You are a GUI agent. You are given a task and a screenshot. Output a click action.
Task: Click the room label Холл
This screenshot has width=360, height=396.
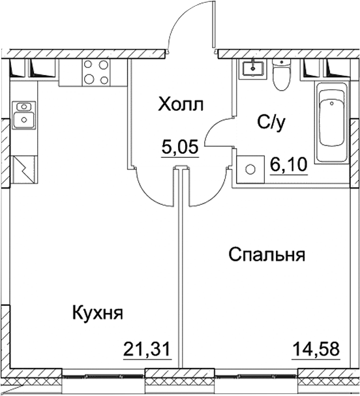[x=181, y=104]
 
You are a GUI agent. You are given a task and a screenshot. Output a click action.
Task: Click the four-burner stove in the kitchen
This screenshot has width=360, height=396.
[x=96, y=72]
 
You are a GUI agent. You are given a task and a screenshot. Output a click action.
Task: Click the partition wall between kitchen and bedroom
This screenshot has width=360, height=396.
[x=179, y=274]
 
